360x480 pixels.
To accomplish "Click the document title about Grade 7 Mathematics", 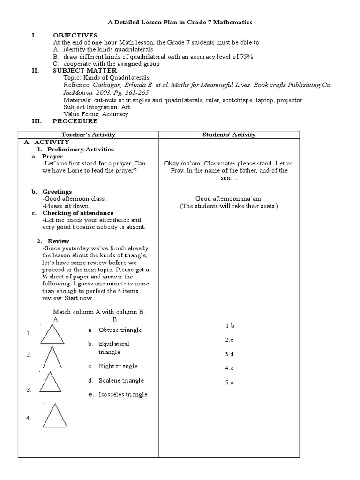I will click(180, 22).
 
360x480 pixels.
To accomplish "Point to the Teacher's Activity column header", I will click(88, 135).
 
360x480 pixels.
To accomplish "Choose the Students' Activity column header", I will click(229, 135).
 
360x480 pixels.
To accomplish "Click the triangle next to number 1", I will click(52, 335).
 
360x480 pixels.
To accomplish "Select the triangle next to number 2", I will click(52, 357).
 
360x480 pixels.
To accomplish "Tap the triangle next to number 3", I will click(51, 382).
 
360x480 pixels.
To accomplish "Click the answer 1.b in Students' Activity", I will click(229, 325).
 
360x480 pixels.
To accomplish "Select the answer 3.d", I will click(229, 354).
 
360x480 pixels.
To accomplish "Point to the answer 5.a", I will click(229, 382).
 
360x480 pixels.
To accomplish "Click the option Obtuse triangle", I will click(120, 330).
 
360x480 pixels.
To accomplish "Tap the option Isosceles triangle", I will click(123, 394).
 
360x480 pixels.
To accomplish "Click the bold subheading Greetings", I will click(57, 192).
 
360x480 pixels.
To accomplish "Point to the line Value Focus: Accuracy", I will click(96, 114).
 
